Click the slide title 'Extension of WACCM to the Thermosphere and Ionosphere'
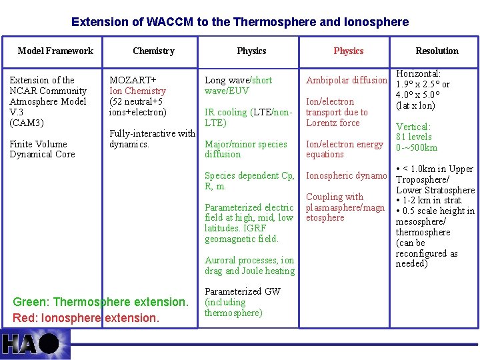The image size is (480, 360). (240, 22)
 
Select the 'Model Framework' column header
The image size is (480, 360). (55, 51)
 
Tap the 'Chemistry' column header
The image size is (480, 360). (153, 51)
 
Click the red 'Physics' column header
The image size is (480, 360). (349, 51)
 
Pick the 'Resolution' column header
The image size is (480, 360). (437, 51)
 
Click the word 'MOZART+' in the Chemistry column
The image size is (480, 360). (133, 80)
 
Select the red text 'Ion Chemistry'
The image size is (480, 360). (137, 91)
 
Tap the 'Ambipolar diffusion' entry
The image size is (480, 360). (346, 81)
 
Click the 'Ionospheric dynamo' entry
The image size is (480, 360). (346, 176)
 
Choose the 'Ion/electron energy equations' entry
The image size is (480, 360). (344, 149)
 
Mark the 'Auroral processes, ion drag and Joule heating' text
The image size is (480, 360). (249, 265)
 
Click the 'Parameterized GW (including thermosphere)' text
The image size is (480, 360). (242, 302)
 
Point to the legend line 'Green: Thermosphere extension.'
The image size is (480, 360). (101, 302)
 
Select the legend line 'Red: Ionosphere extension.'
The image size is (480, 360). (86, 318)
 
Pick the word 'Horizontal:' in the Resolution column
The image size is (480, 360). (418, 73)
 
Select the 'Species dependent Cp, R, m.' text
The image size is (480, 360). (249, 181)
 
